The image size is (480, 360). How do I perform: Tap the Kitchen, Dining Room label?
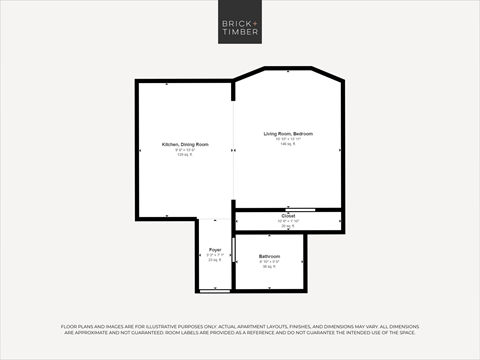point(185,145)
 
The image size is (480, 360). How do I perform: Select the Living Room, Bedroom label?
point(288,134)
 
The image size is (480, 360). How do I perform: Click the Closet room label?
point(288,216)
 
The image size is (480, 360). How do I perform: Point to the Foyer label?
point(215,249)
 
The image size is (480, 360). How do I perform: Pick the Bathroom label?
point(270,256)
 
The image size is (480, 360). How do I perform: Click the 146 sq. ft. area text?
point(288,145)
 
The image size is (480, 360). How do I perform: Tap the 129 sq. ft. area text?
point(185,155)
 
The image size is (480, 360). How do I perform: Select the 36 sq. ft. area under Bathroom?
point(269,267)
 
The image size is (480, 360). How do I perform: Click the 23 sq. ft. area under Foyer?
point(215,260)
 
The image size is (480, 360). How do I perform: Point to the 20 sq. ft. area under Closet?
point(288,226)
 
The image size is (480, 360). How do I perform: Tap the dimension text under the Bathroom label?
point(269,262)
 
